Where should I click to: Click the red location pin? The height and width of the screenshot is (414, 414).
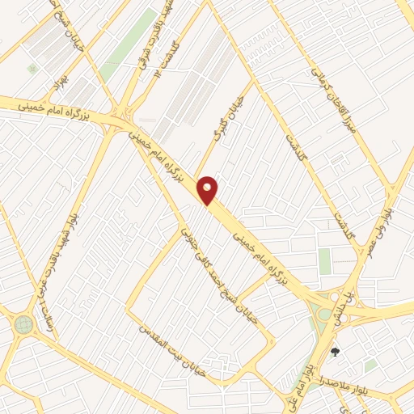tap(208, 190)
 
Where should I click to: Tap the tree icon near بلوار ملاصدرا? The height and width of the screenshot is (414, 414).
tap(335, 352)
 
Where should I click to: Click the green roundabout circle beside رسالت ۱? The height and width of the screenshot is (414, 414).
tap(22, 325)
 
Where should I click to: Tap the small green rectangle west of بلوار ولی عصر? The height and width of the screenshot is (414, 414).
tap(324, 261)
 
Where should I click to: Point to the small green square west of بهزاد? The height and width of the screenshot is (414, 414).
tap(32, 70)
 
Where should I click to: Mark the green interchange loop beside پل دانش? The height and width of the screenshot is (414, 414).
tap(325, 314)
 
